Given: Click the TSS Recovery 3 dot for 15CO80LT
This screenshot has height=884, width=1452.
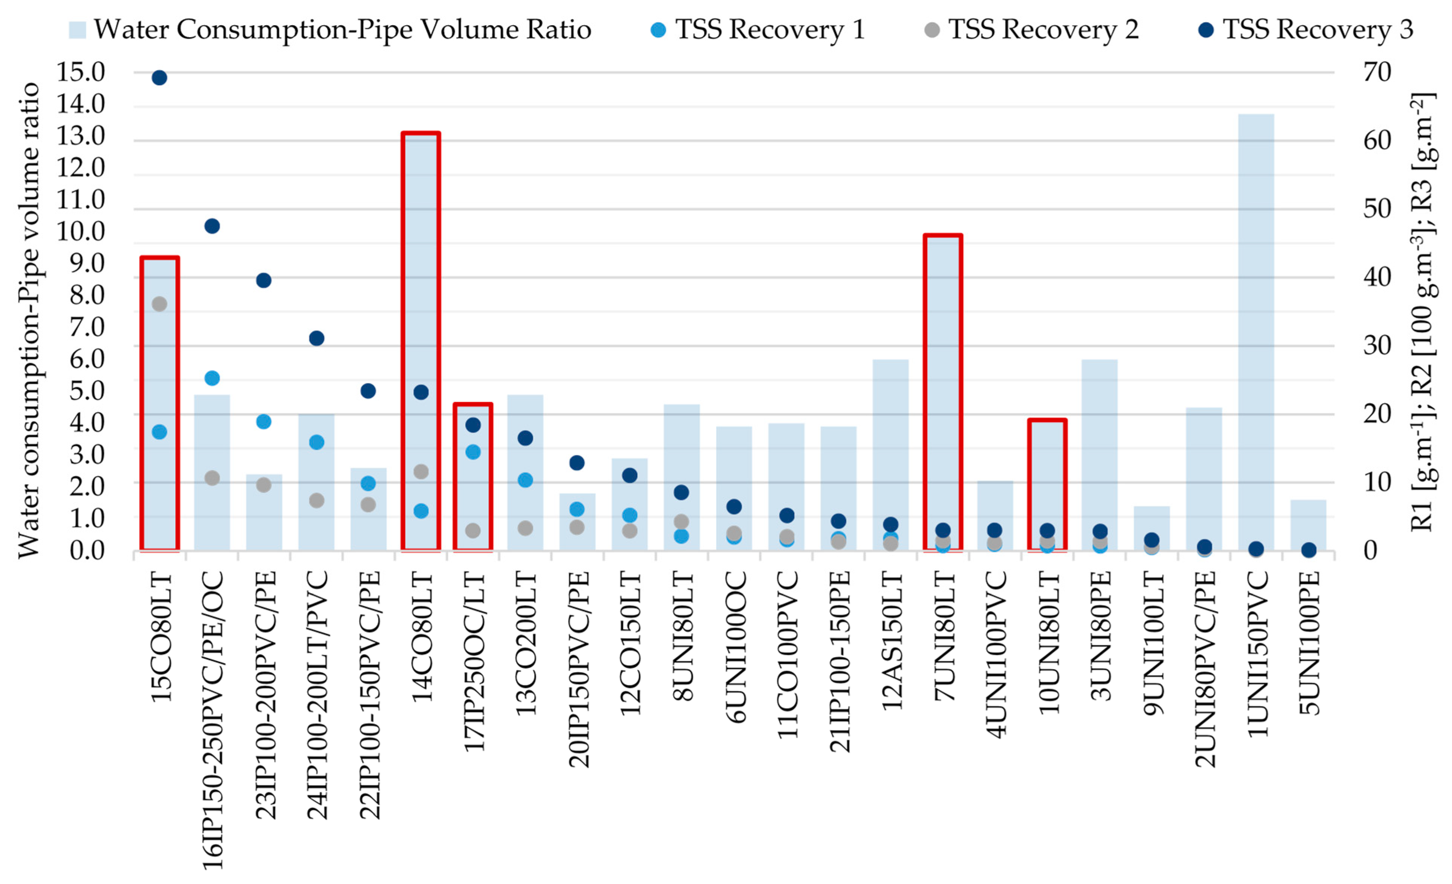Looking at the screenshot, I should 159,78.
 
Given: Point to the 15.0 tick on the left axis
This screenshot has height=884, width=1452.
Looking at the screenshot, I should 80,72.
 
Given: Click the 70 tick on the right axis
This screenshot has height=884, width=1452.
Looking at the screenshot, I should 1377,72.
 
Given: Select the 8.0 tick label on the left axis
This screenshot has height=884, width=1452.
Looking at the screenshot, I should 87,295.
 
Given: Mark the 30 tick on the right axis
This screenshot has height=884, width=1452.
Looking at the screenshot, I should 1377,346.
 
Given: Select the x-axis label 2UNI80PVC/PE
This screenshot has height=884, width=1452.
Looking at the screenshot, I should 1205,669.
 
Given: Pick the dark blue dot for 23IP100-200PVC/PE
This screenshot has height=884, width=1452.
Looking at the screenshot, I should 264,281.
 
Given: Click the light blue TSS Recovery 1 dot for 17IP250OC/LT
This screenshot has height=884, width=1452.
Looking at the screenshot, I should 473,452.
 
